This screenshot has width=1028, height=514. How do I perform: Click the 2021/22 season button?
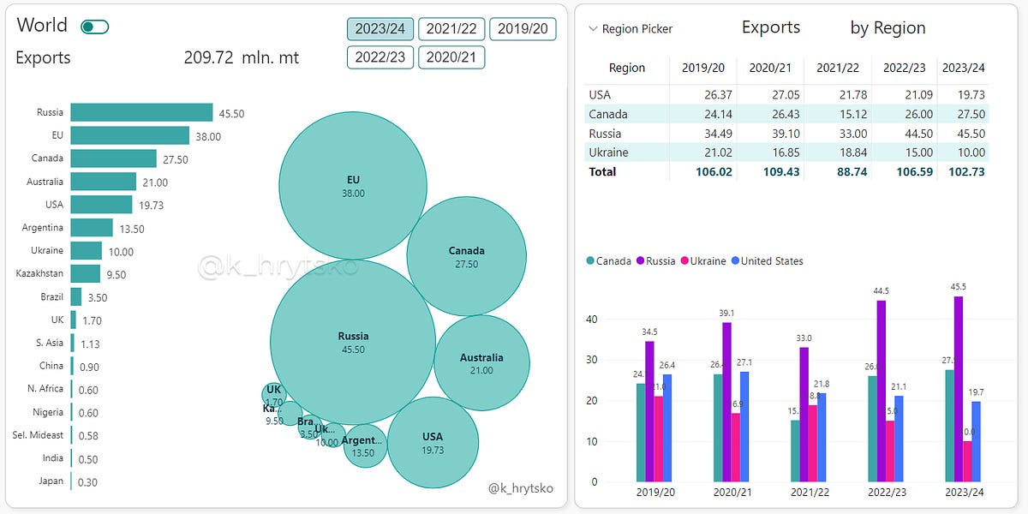point(451,29)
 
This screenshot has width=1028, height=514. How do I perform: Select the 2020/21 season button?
point(451,57)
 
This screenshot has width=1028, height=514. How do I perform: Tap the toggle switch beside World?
point(94,27)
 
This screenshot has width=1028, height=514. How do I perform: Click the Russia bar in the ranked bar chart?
point(141,113)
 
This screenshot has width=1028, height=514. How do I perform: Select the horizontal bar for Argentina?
point(92,228)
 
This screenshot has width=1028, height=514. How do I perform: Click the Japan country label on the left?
point(51,481)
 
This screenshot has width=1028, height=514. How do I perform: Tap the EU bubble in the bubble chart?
point(353,185)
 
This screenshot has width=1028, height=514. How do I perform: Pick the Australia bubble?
point(481,363)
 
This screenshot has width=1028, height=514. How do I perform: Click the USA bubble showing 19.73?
point(433,442)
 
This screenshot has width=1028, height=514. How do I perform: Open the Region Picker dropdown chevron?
point(593,29)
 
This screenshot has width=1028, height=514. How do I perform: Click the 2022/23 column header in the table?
point(903,68)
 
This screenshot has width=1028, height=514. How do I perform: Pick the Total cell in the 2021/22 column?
point(837,171)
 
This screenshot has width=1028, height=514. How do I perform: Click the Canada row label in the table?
point(608,114)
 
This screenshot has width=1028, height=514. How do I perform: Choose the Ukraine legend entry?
point(704,260)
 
